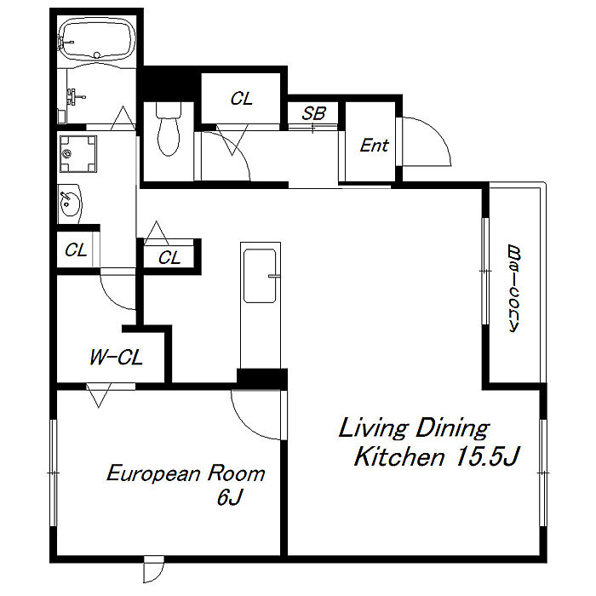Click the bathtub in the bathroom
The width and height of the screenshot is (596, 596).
(96, 39)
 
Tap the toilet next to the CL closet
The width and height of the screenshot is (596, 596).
(168, 129)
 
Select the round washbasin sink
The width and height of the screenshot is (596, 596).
(70, 203)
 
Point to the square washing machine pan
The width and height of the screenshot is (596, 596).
(78, 153)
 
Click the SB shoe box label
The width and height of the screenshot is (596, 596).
(313, 113)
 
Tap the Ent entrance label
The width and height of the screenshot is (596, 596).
(375, 146)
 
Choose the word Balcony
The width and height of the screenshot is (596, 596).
(514, 289)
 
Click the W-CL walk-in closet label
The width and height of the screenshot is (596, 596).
(116, 358)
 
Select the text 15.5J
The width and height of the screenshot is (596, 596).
(487, 456)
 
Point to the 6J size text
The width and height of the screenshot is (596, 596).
(229, 496)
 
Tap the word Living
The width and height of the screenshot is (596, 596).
(373, 428)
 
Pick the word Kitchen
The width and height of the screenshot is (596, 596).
(399, 456)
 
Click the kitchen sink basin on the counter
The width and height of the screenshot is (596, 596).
(260, 276)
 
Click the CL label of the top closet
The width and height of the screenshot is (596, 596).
(241, 99)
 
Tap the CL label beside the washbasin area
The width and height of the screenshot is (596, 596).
(76, 250)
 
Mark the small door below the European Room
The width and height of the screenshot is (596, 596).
(153, 569)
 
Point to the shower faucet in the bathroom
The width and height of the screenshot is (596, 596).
(76, 96)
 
